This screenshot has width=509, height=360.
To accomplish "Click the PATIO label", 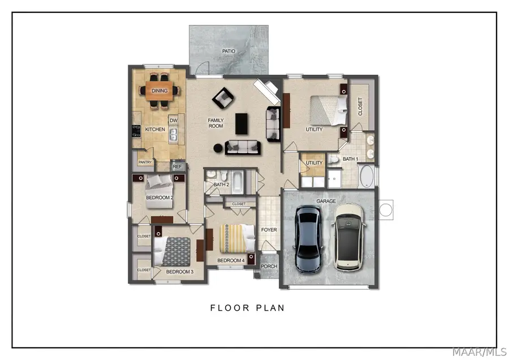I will point(228,51).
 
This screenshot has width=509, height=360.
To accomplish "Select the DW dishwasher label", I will point(174,120).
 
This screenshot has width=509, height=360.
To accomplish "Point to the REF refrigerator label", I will point(177,166).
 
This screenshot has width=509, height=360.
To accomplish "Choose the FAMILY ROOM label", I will point(216,123).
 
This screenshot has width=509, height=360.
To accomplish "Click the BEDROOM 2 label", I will point(159,198).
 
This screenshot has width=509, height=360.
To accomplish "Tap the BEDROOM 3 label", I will point(180,272).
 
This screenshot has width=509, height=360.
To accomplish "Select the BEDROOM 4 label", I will point(231,260).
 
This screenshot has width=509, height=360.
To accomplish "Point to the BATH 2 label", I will point(221,185).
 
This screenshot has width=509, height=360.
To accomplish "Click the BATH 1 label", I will point(350,160).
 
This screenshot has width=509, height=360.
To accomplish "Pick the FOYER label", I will point(269,230).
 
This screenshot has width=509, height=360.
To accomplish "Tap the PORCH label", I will point(269,266).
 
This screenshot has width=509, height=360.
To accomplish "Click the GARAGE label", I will point(326,201).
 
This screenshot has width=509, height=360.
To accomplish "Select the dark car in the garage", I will point(308,238).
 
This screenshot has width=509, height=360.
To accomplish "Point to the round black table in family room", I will point(218,148).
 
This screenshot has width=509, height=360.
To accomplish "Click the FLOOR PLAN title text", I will point(247,308).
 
